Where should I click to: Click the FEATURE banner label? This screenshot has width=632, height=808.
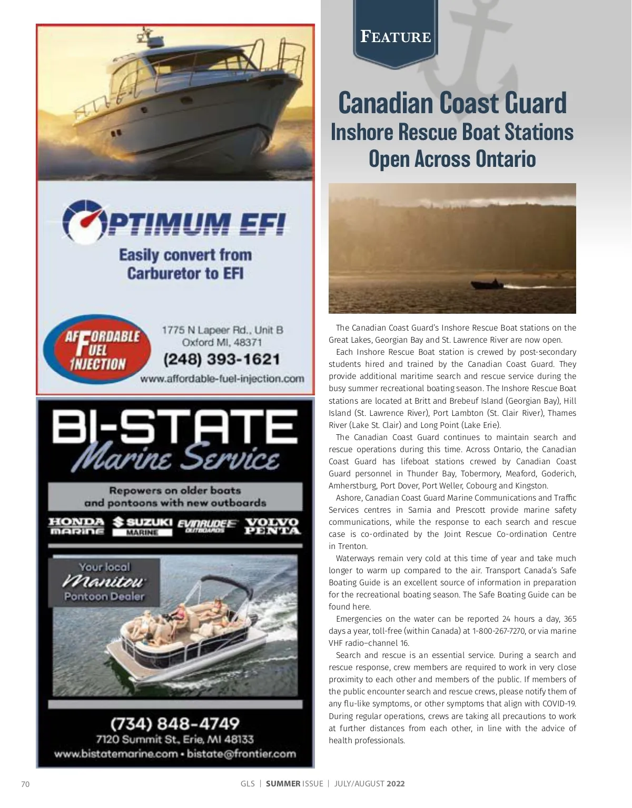(x=396, y=37)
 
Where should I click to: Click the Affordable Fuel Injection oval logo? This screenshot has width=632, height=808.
(x=97, y=350)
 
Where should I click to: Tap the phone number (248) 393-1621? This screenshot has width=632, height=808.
(x=221, y=360)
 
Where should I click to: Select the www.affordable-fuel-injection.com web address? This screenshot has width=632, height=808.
(x=222, y=378)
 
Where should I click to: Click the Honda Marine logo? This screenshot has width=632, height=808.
(x=76, y=526)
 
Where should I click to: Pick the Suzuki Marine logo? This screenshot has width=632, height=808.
(x=143, y=526)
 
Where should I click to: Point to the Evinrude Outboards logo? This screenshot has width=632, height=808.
(x=207, y=526)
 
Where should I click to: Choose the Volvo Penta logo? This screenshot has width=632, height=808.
(x=272, y=526)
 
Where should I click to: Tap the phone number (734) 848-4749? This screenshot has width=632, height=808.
(x=174, y=723)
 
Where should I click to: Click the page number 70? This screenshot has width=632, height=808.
(x=25, y=784)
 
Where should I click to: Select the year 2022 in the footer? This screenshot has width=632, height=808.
(x=396, y=784)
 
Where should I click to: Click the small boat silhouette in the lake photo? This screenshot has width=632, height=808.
(x=487, y=285)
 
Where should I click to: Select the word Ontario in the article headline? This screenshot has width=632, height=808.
(x=505, y=159)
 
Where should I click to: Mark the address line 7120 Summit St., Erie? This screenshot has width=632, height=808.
(x=174, y=739)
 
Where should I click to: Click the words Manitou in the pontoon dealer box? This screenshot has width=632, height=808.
(x=104, y=582)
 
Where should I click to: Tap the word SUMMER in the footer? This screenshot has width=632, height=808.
(x=283, y=784)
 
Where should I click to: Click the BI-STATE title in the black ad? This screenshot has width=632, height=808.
(x=174, y=427)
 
